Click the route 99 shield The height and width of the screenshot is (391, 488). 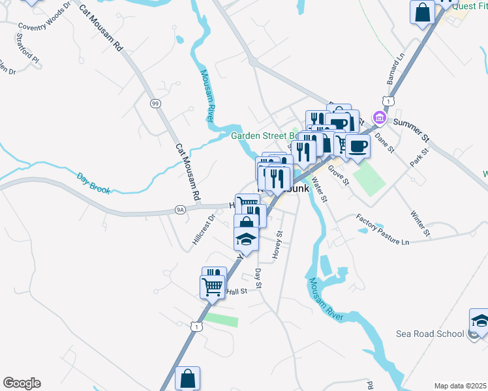click(155, 104)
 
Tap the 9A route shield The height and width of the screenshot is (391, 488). click(181, 209)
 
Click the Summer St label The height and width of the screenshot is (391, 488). click(410, 129)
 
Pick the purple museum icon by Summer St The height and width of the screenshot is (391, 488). click(378, 118)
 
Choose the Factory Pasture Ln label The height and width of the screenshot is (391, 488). click(382, 229)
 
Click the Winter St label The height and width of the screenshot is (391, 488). click(421, 223)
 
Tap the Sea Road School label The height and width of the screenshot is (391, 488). click(430, 334)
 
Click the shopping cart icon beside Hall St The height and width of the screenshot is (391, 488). click(213, 286)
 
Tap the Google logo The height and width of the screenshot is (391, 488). click(22, 383)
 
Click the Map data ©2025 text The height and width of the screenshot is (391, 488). click(460, 385)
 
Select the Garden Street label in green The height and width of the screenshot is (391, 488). click(264, 136)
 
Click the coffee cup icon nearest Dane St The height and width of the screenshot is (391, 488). click(358, 145)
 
